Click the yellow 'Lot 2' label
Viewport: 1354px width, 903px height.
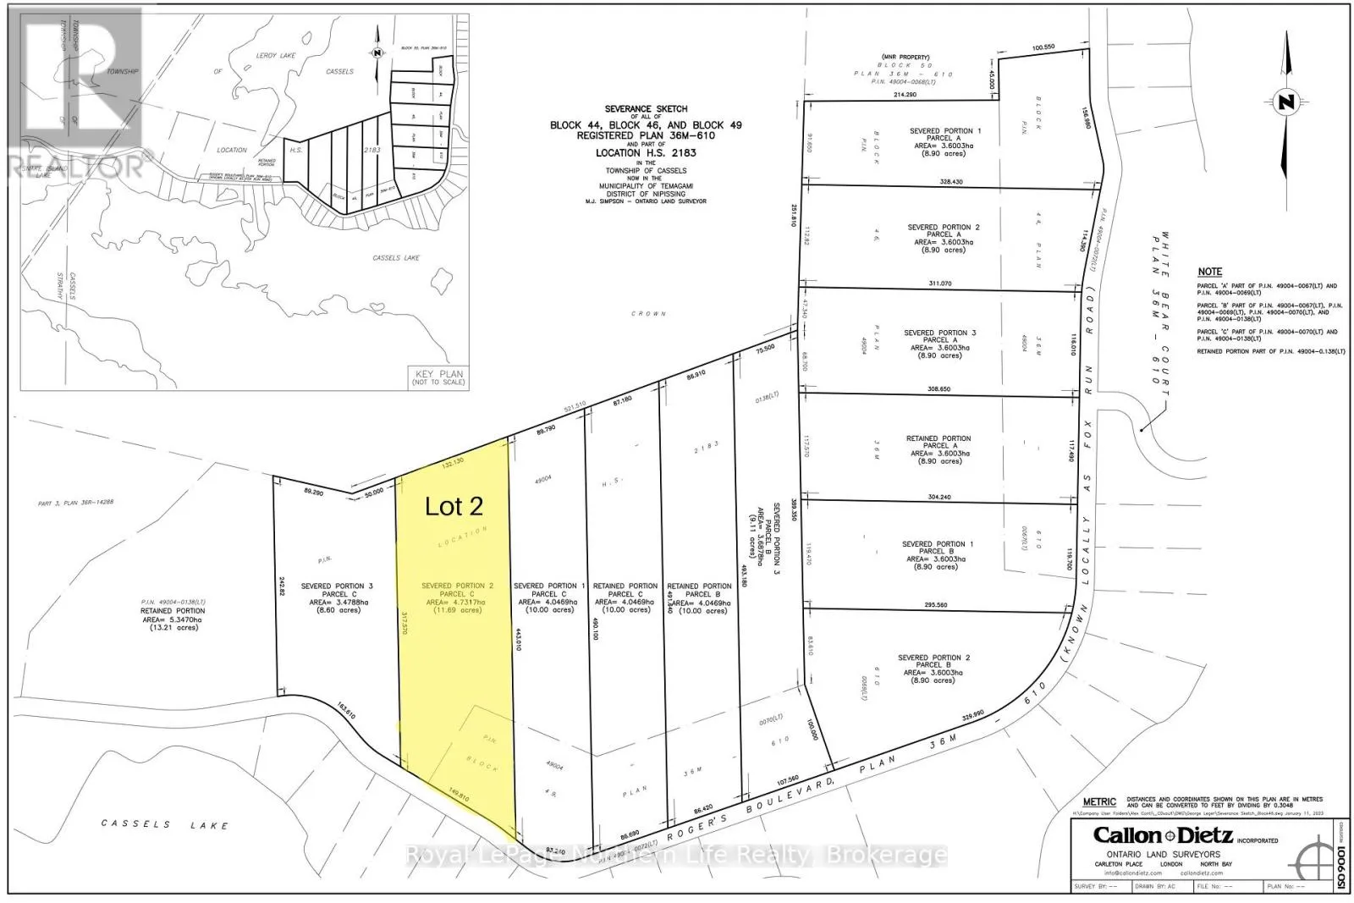click(454, 506)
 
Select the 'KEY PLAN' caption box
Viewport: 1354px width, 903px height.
click(439, 377)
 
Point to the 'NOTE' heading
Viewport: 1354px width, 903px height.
click(1209, 272)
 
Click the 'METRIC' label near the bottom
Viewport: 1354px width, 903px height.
click(1099, 801)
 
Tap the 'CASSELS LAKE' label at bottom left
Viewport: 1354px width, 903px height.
click(165, 824)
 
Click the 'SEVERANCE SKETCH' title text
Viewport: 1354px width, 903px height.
click(646, 109)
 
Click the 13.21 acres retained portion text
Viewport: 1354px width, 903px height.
click(173, 628)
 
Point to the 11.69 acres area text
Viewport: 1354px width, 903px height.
click(456, 610)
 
